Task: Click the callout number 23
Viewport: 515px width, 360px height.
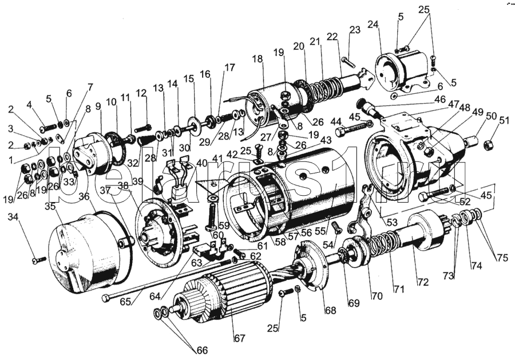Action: (x=355, y=30)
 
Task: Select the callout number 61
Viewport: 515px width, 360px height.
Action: (x=263, y=246)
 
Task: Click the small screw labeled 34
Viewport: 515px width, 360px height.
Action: (x=38, y=260)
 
